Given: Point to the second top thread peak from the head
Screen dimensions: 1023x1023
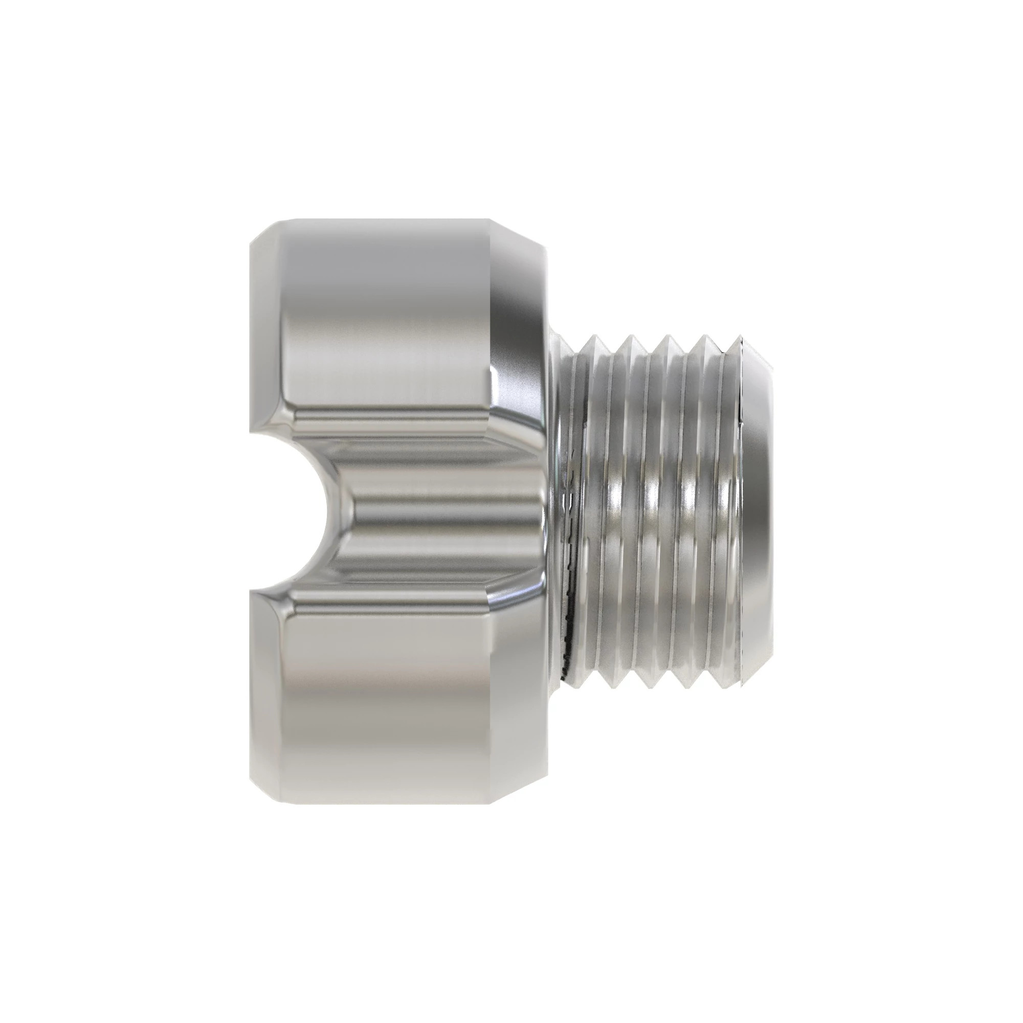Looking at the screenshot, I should (x=629, y=337).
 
